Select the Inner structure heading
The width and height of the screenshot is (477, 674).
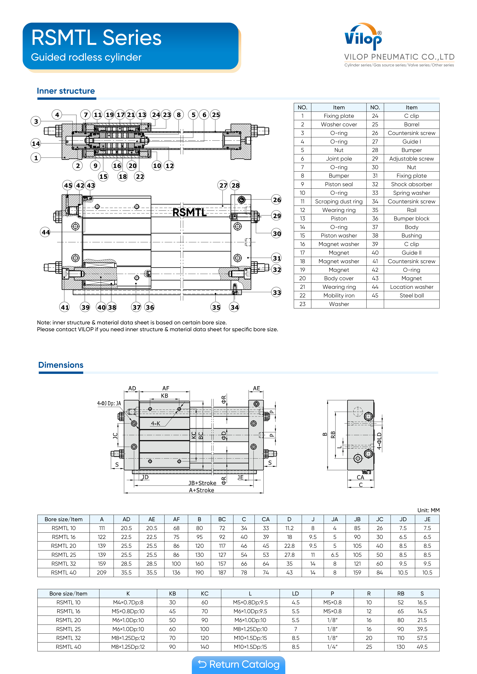tap(66, 91)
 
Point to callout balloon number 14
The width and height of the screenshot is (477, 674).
tap(36, 144)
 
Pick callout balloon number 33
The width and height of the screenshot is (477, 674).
tap(277, 292)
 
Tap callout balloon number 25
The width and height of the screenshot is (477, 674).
tap(216, 115)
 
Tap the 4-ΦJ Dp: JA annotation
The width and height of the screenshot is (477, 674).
tap(109, 403)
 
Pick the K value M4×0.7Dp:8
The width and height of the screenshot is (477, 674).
tap(128, 602)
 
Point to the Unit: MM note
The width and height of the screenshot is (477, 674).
tap(428, 510)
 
